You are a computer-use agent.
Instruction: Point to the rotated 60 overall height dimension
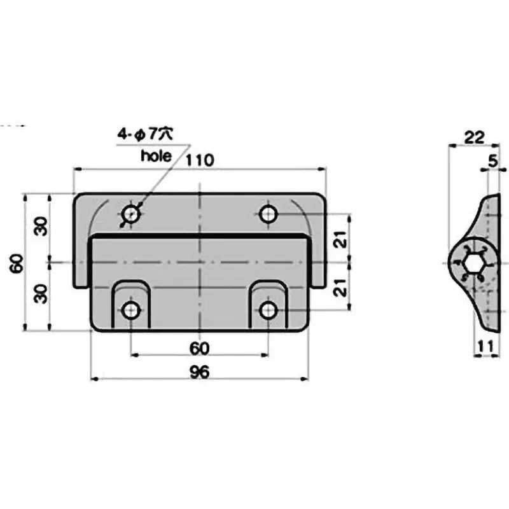[17, 262]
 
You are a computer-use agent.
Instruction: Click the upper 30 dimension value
[39, 227]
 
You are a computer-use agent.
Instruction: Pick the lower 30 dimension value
[39, 294]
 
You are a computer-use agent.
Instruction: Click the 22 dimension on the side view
[474, 137]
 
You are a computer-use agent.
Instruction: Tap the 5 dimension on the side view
[492, 162]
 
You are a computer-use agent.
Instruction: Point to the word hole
[156, 156]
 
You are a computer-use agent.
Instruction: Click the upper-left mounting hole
[131, 214]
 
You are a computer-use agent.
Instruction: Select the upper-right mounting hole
[268, 214]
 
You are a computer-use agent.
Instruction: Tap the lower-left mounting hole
[131, 310]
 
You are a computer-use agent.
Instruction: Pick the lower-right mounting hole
[268, 310]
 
